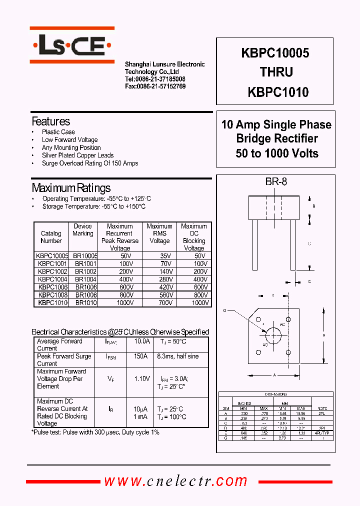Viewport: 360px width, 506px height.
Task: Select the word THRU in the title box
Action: pyautogui.click(x=276, y=72)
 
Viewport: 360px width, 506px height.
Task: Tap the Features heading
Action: pyautogui.click(x=50, y=121)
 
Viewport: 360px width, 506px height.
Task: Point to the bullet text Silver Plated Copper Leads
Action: pyautogui.click(x=77, y=155)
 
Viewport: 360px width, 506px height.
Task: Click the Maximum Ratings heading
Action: pyautogui.click(x=71, y=188)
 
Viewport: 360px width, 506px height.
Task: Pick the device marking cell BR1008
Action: pyautogui.click(x=86, y=295)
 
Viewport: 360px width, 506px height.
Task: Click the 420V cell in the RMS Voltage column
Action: pyautogui.click(x=159, y=287)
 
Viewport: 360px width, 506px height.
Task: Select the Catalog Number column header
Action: pyautogui.click(x=51, y=237)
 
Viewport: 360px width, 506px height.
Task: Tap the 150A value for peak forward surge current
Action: pyautogui.click(x=140, y=356)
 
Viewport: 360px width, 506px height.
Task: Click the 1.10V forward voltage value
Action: pyautogui.click(x=142, y=379)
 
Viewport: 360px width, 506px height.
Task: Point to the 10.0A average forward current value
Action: pyautogui.click(x=141, y=341)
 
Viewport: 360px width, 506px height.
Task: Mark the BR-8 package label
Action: pyautogui.click(x=276, y=182)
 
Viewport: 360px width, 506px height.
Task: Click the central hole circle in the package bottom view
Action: pyautogui.click(x=272, y=334)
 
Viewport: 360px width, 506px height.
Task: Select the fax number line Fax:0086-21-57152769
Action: pyautogui.click(x=155, y=86)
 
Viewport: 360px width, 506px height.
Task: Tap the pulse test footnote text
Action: pyautogui.click(x=95, y=432)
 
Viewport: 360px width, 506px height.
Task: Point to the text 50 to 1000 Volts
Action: pyautogui.click(x=277, y=153)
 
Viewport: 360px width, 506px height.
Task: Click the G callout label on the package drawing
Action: pyautogui.click(x=224, y=310)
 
